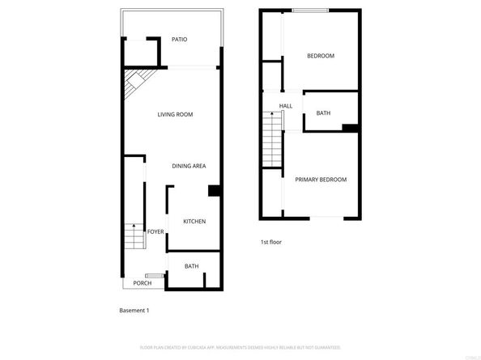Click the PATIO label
tap(179, 40)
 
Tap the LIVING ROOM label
tap(175, 115)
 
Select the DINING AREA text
tap(189, 166)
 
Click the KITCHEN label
tap(194, 222)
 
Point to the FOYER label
tap(155, 232)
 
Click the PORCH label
tap(143, 283)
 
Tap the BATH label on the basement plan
tap(191, 266)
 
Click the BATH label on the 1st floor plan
tap(323, 113)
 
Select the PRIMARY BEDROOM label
tap(321, 180)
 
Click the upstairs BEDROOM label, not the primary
tap(320, 56)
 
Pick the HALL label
tap(286, 106)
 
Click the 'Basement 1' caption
tap(134, 310)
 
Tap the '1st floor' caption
tap(270, 242)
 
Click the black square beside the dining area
tap(215, 191)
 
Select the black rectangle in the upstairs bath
tap(351, 128)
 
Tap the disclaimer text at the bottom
tap(240, 348)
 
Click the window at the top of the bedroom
tap(310, 11)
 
